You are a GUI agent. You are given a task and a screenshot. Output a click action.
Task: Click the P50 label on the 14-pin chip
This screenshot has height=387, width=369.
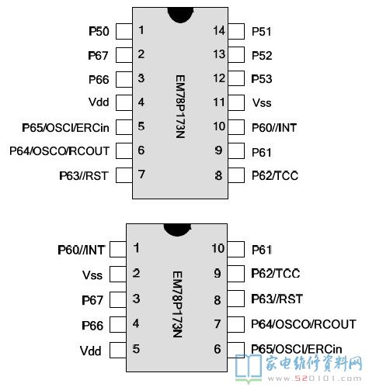99,31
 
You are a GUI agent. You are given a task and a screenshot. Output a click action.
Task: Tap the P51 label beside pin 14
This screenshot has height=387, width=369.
262,32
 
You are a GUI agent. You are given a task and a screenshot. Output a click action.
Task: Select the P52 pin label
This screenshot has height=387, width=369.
262,56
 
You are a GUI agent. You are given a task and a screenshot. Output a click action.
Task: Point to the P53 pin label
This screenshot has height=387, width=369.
262,79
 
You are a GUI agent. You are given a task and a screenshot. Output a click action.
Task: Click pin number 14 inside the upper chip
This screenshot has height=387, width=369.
219,30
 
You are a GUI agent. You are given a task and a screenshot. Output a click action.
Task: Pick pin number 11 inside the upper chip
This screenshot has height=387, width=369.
219,102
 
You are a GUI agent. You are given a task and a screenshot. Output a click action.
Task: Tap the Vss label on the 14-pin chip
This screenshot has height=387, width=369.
262,102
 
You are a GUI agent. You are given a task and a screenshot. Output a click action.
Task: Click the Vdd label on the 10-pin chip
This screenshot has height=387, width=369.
90,351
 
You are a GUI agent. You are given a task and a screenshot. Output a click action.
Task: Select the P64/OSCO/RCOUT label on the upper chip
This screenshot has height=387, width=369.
59,151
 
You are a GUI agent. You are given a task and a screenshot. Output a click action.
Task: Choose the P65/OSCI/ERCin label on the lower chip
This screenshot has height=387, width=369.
297,349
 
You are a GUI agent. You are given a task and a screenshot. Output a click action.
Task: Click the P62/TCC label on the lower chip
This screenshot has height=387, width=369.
276,274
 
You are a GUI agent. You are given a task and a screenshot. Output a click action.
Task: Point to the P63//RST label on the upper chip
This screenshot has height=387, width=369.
84,176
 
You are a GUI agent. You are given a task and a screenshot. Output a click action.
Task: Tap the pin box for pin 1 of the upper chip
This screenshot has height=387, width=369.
124,31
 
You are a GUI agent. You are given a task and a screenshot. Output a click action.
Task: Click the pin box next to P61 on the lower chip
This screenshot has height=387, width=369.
236,250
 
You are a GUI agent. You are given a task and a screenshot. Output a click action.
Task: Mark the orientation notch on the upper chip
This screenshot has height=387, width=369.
180,15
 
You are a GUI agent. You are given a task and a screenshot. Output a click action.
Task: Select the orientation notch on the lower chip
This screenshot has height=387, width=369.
178,230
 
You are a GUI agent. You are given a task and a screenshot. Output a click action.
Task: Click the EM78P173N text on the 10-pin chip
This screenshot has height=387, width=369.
178,304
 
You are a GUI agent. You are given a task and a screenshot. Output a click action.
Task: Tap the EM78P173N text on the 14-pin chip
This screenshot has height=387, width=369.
180,106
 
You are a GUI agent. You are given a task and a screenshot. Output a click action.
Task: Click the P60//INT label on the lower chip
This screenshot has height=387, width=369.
82,250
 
